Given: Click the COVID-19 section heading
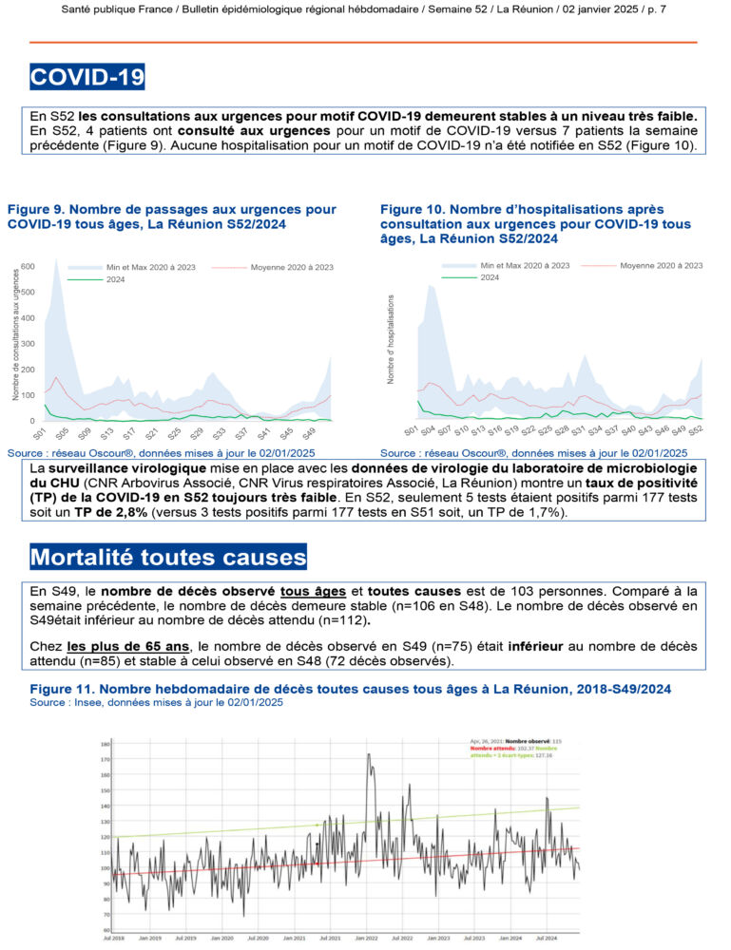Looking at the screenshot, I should pos(87,76).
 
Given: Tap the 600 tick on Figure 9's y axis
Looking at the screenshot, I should pos(29,267).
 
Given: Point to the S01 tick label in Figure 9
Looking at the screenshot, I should pos(39,433).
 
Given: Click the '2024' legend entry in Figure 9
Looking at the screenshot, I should pos(116,280).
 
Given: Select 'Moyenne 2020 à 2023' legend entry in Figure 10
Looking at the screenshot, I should pos(661,265).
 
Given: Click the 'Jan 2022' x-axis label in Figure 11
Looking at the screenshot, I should pos(365,938).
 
